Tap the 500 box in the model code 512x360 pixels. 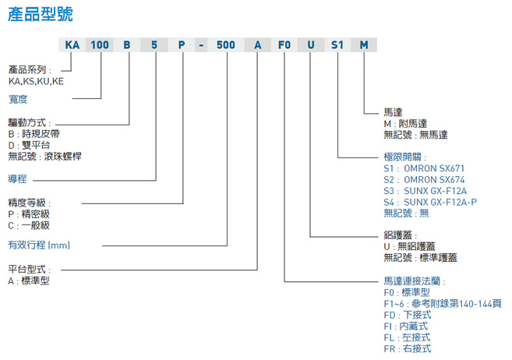tap(226, 44)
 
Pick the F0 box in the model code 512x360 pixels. tap(284, 44)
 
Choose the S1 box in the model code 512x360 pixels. tap(337, 44)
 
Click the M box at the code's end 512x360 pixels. tap(363, 44)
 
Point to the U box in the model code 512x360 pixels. tap(310, 44)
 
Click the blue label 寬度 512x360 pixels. tap(18, 99)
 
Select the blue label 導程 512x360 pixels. tap(18, 178)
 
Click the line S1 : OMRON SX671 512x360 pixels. tap(425, 168)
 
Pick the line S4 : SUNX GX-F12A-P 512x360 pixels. tap(430, 201)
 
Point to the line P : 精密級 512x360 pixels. tap(29, 214)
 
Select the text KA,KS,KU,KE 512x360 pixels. tap(36, 80)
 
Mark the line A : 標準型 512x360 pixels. tap(29, 281)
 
